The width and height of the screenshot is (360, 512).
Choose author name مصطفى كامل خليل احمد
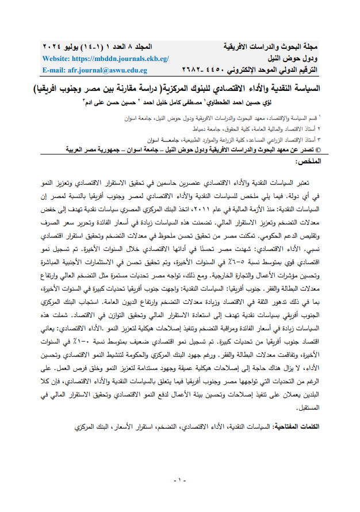point(208,104)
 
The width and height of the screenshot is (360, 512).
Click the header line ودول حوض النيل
point(293,59)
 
